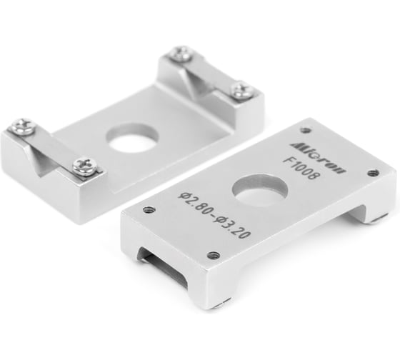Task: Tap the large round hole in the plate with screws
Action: (x=133, y=138)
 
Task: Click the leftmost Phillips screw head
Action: (x=22, y=127)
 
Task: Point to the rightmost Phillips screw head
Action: (x=241, y=91)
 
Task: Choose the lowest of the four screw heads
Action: (x=86, y=166)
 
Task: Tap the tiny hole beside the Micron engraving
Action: (x=306, y=130)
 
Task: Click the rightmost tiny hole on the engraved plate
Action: (x=373, y=173)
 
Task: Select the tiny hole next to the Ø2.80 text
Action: (x=149, y=210)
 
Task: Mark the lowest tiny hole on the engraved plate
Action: (x=213, y=255)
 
